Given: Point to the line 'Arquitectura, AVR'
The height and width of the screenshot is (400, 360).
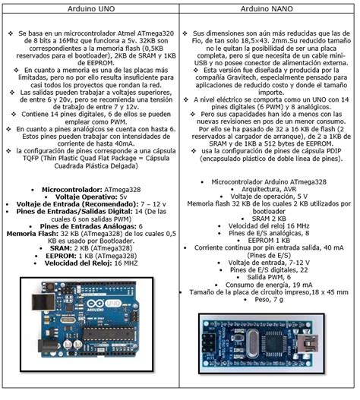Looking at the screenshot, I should pos(270,191).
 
